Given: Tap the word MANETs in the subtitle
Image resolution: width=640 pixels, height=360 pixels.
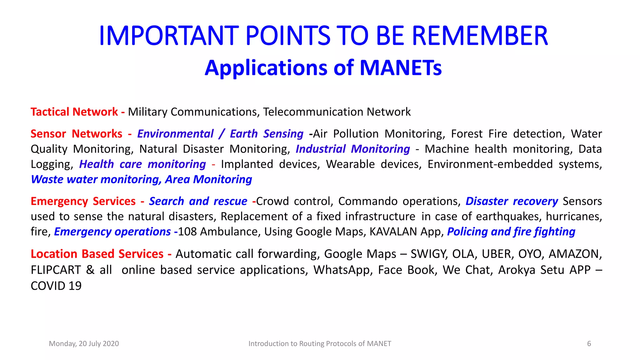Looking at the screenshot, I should [x=401, y=68].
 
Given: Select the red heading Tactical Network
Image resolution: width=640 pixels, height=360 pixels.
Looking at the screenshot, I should [x=74, y=112].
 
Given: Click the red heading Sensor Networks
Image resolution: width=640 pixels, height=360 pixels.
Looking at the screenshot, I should [x=76, y=134].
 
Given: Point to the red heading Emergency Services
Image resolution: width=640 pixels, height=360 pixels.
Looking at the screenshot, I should [x=83, y=201].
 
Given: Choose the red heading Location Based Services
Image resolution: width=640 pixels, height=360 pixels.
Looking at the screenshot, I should [x=97, y=254].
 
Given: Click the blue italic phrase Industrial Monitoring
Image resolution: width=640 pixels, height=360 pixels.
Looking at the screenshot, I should [x=352, y=149].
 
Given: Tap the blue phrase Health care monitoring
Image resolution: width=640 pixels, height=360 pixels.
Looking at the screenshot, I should [x=142, y=164].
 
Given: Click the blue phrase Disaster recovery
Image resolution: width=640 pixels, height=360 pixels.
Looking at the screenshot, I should [x=511, y=201].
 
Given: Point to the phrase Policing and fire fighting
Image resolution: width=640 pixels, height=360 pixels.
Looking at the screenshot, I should [x=511, y=232].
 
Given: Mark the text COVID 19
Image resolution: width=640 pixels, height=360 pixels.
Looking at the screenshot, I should [x=56, y=286].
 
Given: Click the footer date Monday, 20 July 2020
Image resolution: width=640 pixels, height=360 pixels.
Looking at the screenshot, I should [x=84, y=344].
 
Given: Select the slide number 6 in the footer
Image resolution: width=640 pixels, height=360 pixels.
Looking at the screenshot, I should [x=589, y=344].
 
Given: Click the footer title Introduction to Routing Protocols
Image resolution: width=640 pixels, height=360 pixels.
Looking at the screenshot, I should [x=319, y=344].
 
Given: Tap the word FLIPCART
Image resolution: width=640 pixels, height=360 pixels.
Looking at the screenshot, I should [x=56, y=270].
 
